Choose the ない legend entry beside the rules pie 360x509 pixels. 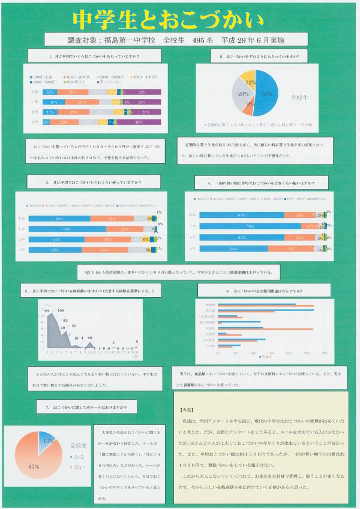tap(77, 465)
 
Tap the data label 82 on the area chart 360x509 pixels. tap(66, 319)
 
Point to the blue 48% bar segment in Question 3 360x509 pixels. tap(60, 219)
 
